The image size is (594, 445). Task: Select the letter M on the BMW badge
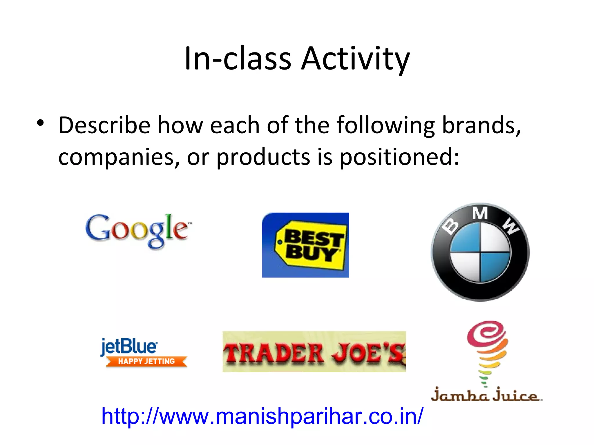[x=480, y=214]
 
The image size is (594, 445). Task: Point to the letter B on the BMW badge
[x=450, y=227]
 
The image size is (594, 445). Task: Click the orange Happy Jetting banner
[x=146, y=361]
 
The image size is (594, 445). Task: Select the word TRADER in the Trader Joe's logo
[x=274, y=353]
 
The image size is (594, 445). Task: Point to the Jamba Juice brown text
[x=486, y=396]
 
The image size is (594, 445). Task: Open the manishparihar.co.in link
[x=262, y=416]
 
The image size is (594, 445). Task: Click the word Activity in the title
[x=355, y=59]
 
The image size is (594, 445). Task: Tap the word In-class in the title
[x=238, y=59]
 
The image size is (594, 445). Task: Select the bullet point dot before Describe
[x=40, y=123]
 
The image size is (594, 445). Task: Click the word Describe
[x=104, y=125]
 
